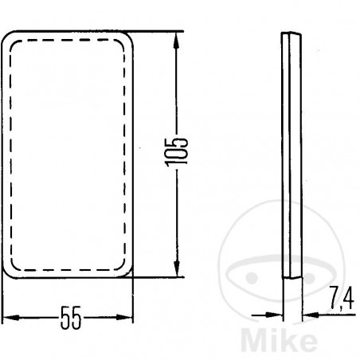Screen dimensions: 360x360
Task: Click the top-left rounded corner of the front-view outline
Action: coord(8,38)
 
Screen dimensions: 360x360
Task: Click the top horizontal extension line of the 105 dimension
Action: coord(159,32)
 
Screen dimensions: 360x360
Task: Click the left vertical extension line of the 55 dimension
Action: coord(2,299)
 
